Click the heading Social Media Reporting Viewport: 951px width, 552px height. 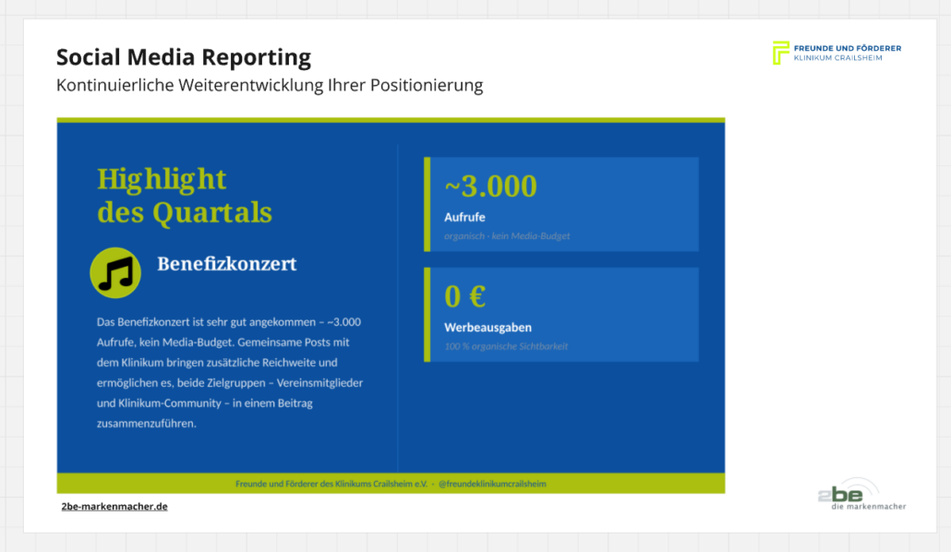(184, 57)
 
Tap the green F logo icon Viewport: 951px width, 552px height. (780, 53)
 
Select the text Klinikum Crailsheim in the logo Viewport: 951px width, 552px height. (838, 58)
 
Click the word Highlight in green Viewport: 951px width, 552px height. (162, 180)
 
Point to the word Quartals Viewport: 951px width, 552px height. (212, 212)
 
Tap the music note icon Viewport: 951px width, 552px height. (115, 273)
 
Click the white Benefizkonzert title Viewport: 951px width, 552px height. (227, 264)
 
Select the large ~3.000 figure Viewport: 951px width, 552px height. (490, 186)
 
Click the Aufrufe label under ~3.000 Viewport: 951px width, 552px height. (464, 217)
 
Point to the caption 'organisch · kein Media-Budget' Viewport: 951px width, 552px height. (507, 236)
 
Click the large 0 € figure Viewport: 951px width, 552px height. (465, 296)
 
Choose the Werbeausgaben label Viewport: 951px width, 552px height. (488, 328)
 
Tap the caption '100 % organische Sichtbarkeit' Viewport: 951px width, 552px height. (506, 346)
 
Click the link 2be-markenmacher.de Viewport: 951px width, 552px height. (114, 507)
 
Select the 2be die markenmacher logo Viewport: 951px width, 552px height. (861, 495)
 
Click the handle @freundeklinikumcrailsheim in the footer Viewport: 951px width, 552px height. (492, 484)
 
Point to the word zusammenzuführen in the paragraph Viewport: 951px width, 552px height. (146, 424)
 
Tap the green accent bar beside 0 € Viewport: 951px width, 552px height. (427, 315)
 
